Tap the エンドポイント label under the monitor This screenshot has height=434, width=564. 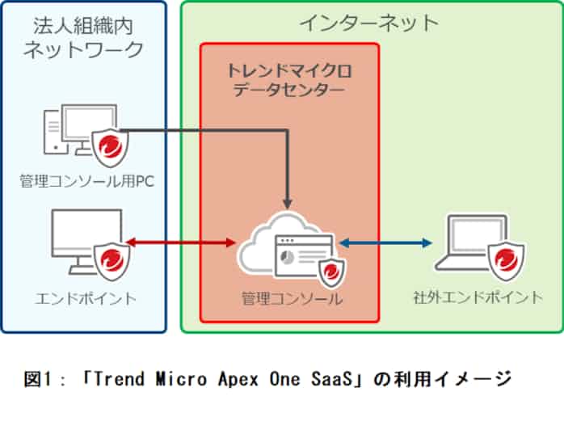pyautogui.click(x=86, y=298)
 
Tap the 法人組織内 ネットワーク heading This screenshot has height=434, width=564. pyautogui.click(x=83, y=36)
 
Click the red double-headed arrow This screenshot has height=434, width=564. pyautogui.click(x=181, y=242)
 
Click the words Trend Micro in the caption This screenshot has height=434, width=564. pyautogui.click(x=161, y=377)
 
